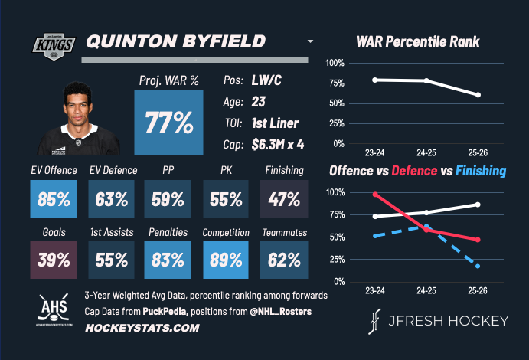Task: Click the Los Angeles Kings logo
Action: click(x=51, y=44)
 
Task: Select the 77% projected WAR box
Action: click(x=169, y=123)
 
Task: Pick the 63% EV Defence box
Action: click(x=112, y=200)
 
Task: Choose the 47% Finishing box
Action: click(x=284, y=200)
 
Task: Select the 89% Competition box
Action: click(x=226, y=259)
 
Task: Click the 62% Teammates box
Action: click(x=284, y=259)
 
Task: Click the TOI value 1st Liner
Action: click(x=275, y=123)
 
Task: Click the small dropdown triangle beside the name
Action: click(x=310, y=41)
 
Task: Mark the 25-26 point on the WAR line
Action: click(x=478, y=95)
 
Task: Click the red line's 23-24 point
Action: click(x=374, y=195)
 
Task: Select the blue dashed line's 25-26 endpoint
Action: click(x=478, y=266)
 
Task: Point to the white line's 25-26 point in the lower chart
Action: click(x=478, y=205)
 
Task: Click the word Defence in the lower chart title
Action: click(x=416, y=171)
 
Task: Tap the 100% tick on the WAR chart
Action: click(x=336, y=63)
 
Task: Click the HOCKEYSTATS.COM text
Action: click(x=131, y=328)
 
